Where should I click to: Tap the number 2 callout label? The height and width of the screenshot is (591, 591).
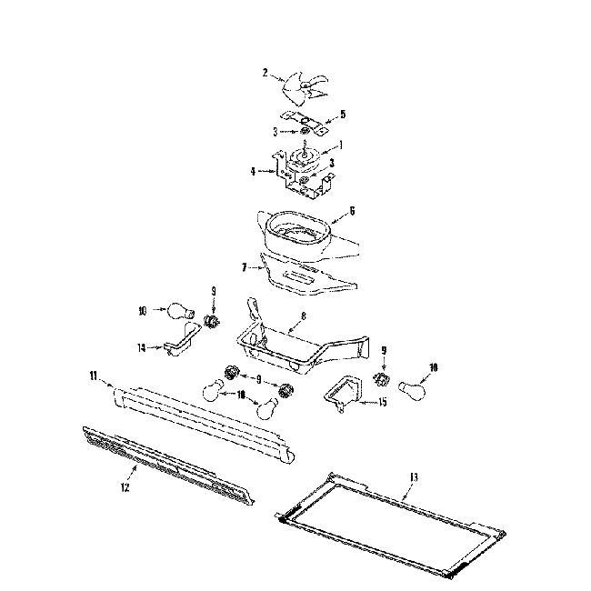coord(265,73)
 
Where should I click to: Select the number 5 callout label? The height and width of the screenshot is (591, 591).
coord(343,115)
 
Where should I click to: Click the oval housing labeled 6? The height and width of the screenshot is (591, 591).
coord(296,228)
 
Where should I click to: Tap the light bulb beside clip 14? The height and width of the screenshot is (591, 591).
coord(178,311)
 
